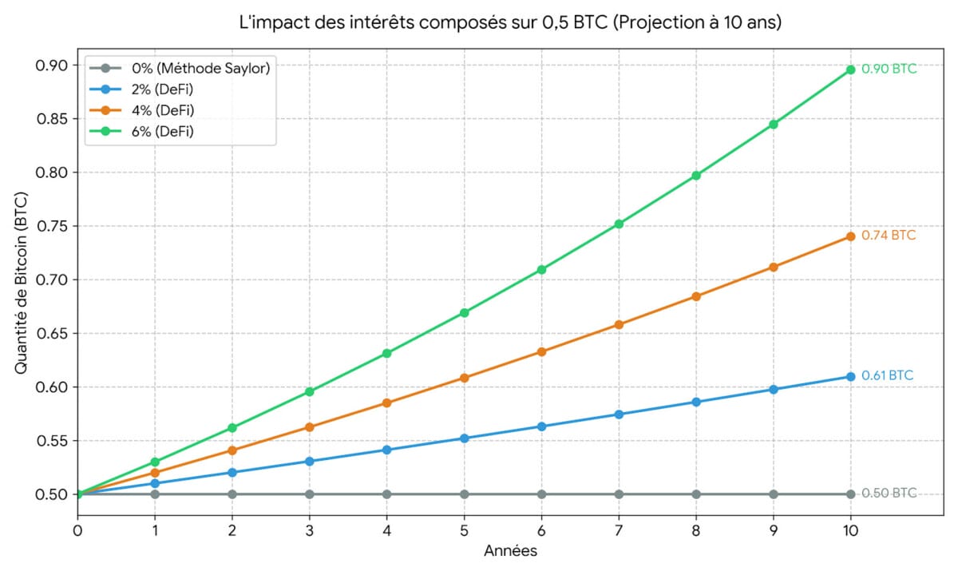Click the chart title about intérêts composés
click(511, 23)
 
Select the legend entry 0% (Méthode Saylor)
click(200, 69)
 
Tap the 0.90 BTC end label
click(889, 69)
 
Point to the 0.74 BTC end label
click(889, 236)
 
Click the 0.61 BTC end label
click(888, 375)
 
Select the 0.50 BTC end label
click(889, 493)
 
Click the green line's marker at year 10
click(850, 69)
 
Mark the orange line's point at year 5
click(464, 378)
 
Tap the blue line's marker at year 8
click(696, 402)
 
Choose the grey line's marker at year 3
click(310, 494)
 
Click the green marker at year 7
click(619, 224)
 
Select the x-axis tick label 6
click(541, 529)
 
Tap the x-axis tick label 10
click(850, 529)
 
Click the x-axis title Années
click(510, 551)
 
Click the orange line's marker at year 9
click(774, 267)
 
